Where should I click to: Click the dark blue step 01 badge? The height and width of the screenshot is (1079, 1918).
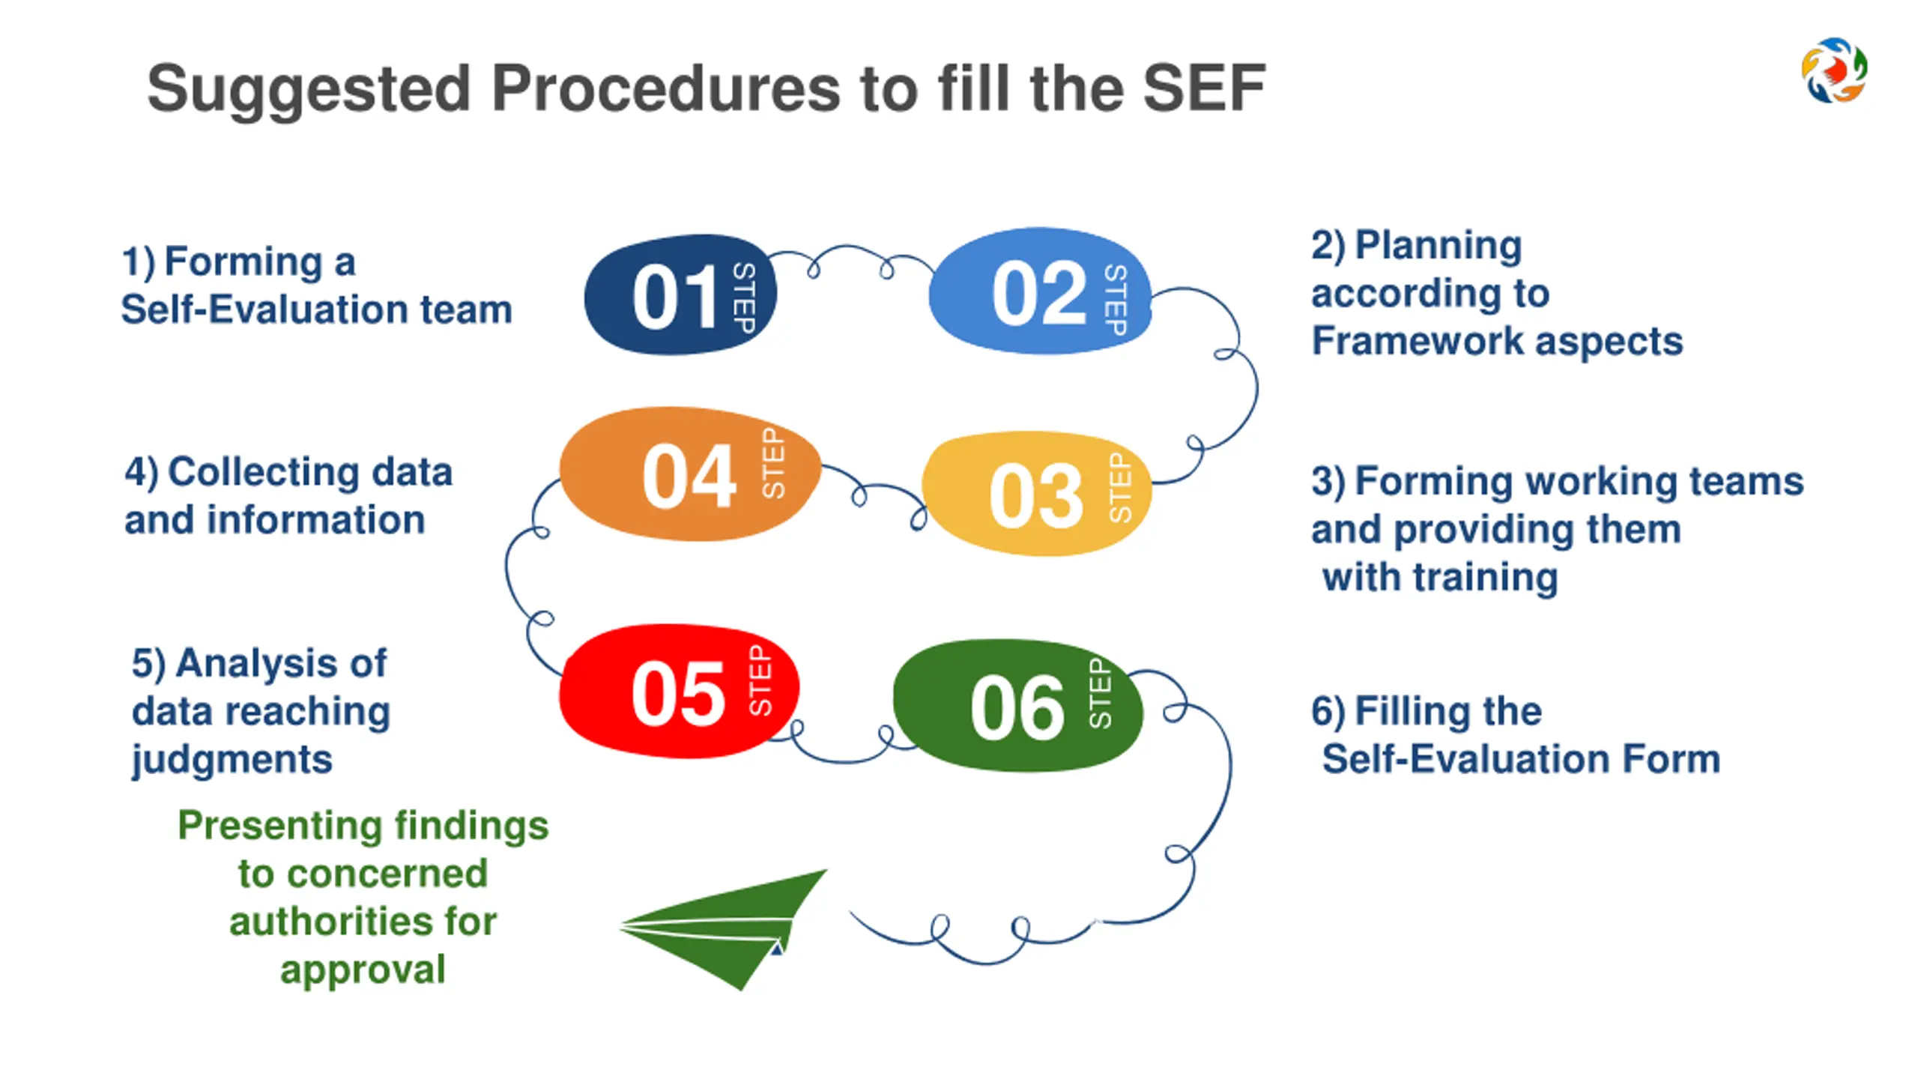679,295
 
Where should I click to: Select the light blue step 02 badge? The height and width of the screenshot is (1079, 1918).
1038,292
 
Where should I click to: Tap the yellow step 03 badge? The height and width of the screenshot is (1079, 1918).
1035,495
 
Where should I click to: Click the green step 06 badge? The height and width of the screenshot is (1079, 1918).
1017,706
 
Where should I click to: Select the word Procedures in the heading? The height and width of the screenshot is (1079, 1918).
665,88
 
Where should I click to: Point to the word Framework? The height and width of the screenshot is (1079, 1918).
1418,341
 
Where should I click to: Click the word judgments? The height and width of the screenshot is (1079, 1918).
232,760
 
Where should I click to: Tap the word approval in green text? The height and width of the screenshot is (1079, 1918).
363,970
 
